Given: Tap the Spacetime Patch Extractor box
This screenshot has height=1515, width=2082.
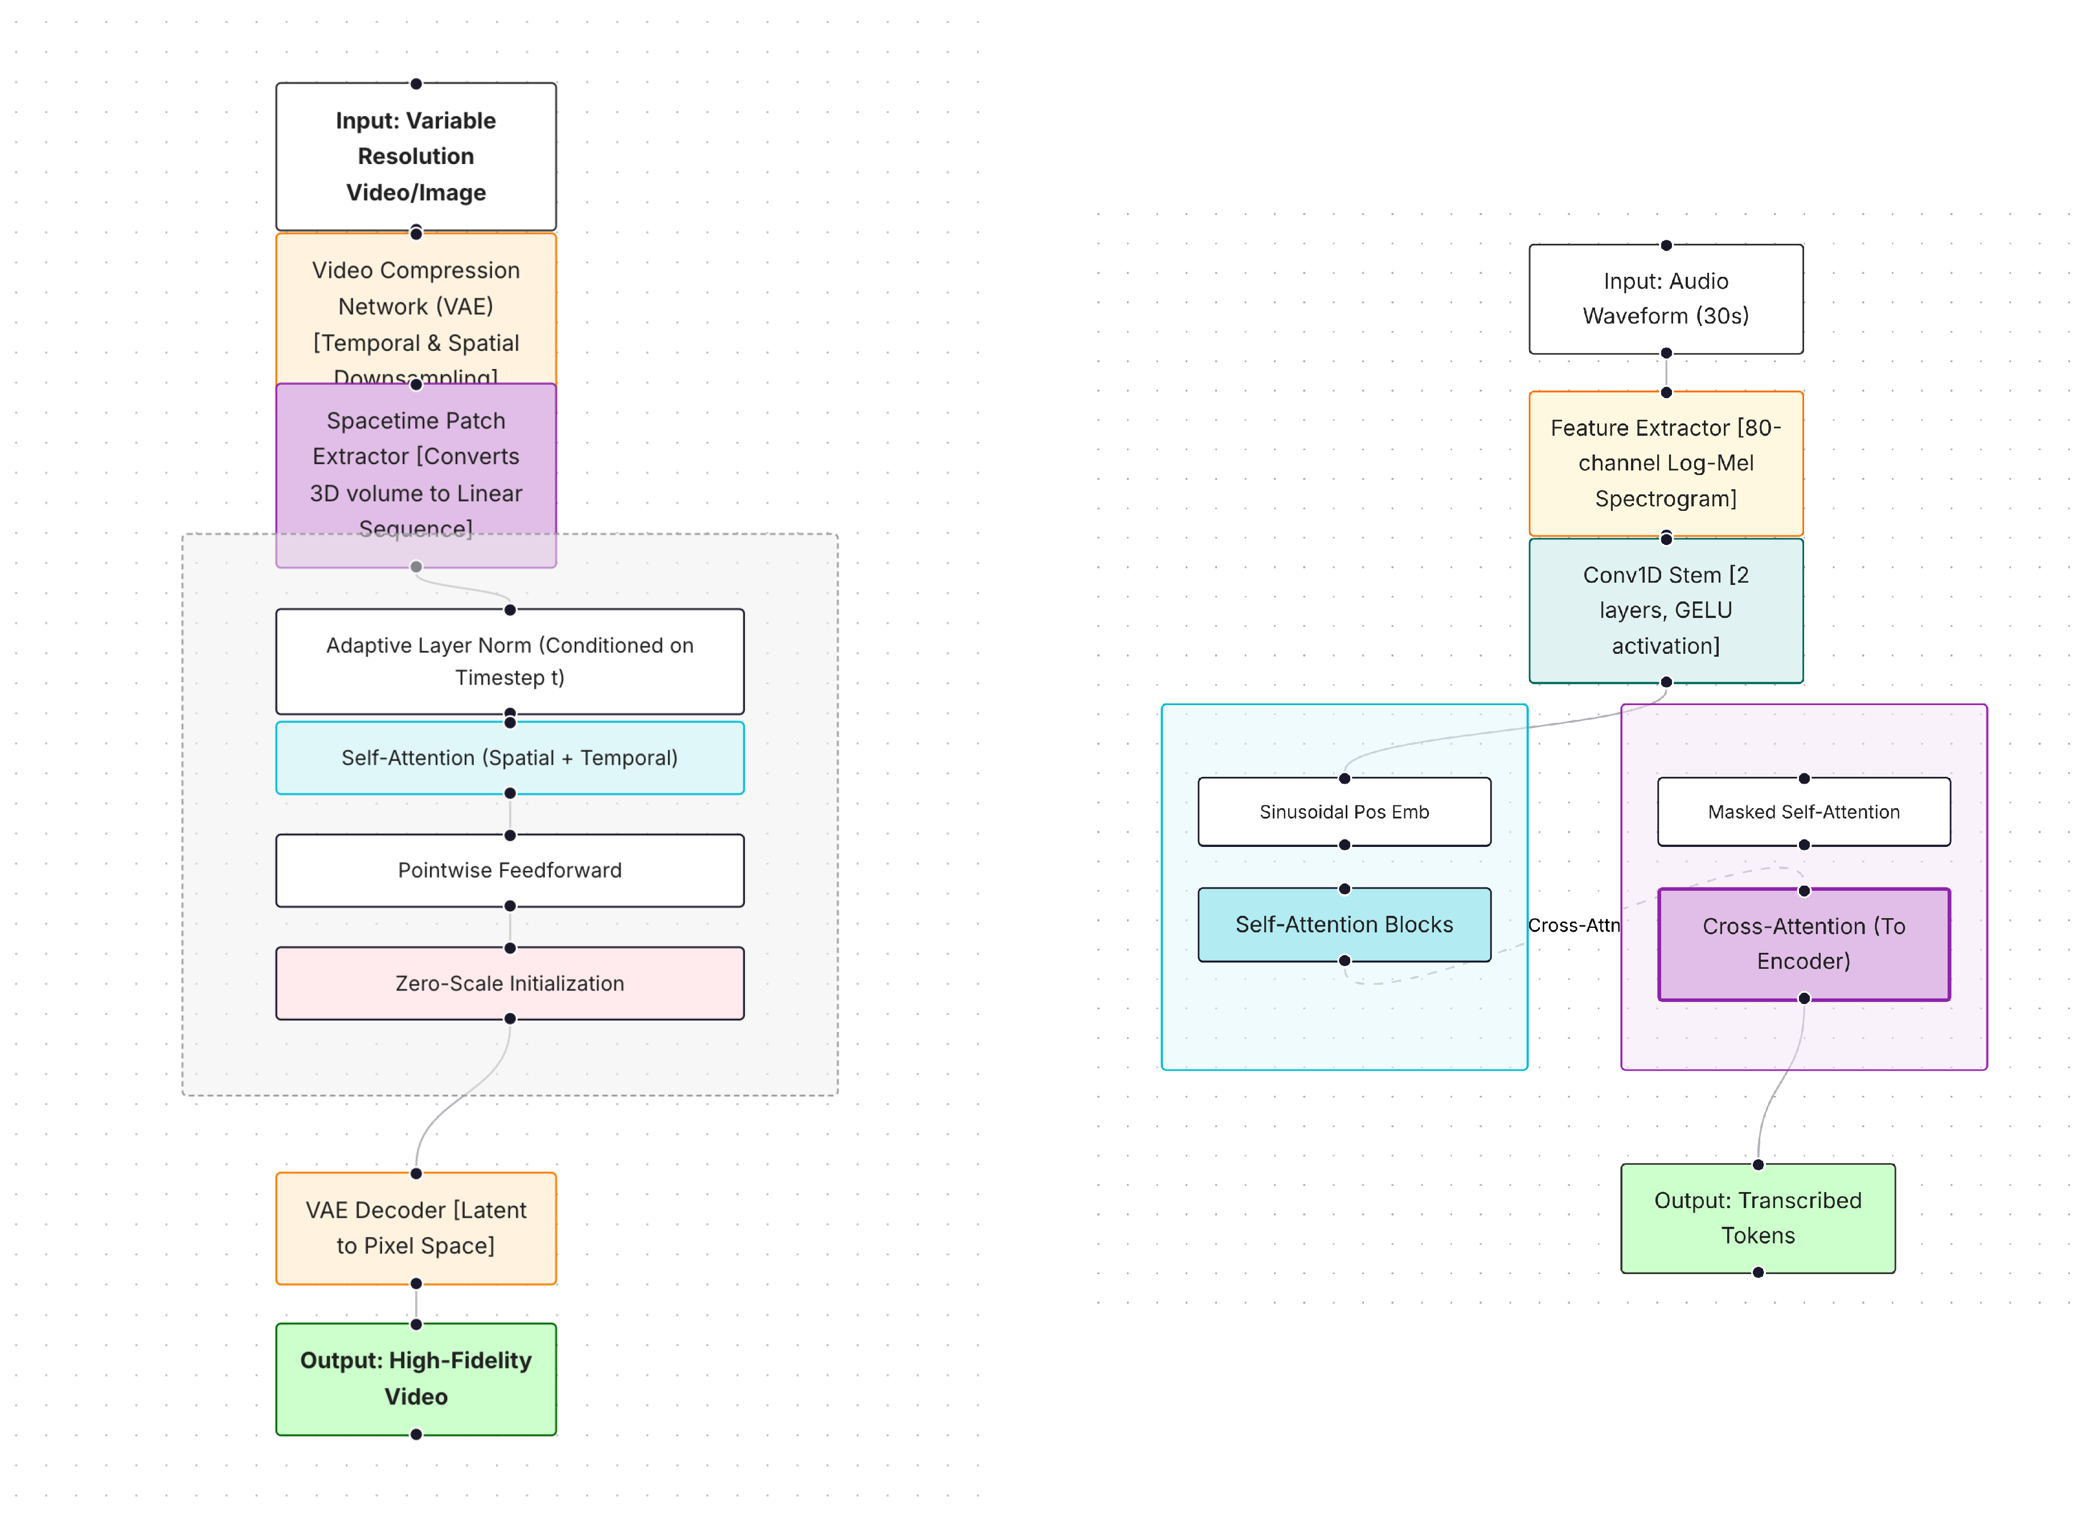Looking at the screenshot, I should tap(416, 459).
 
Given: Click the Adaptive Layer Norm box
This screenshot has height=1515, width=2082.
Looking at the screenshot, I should tap(510, 661).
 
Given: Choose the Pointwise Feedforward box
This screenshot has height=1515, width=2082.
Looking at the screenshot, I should tap(510, 870).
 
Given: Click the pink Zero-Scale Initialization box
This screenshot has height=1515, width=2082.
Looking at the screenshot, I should tap(510, 984).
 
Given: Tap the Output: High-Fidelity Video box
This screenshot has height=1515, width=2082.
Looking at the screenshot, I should tap(416, 1378).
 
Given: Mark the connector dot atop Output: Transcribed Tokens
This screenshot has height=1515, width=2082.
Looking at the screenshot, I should tap(1758, 1165).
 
